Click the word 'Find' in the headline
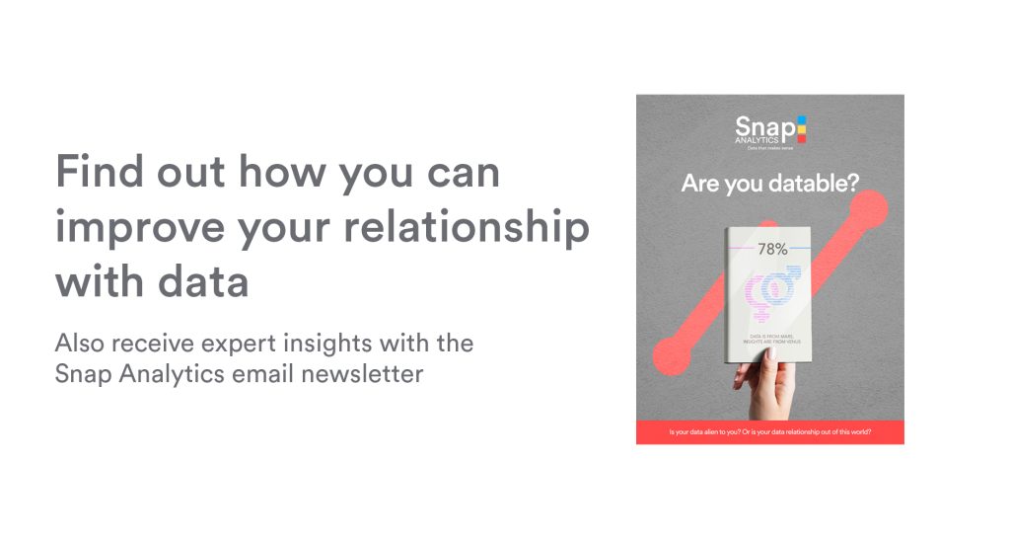pyautogui.click(x=94, y=173)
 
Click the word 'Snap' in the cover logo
pyautogui.click(x=757, y=126)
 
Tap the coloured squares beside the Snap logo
pyautogui.click(x=801, y=128)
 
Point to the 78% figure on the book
pyautogui.click(x=772, y=250)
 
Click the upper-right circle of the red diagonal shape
pyautogui.click(x=867, y=209)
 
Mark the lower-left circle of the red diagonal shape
pyautogui.click(x=674, y=353)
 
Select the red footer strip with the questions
pyautogui.click(x=769, y=432)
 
